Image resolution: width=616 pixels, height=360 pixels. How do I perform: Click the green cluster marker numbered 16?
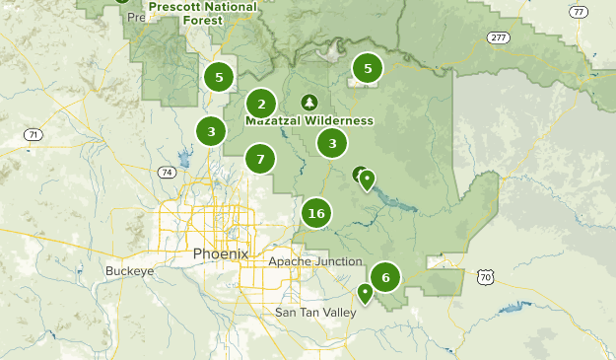(315, 213)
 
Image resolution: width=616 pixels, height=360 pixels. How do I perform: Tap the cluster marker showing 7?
(260, 158)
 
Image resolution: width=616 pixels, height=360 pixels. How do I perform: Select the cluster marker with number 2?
(261, 103)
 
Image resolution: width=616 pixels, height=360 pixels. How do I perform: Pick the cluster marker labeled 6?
(385, 277)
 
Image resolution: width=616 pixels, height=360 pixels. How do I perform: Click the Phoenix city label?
(221, 253)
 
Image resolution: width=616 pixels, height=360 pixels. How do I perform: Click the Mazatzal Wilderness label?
(309, 120)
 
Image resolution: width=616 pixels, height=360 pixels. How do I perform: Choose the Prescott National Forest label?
(203, 12)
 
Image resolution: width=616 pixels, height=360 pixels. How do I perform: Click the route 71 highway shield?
(34, 134)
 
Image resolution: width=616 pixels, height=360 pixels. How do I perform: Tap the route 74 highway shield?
(166, 172)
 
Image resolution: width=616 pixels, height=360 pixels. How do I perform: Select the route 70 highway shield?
(485, 278)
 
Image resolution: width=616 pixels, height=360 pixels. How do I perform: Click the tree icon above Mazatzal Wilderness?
(309, 103)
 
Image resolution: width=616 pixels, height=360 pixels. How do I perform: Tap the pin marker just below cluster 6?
(365, 292)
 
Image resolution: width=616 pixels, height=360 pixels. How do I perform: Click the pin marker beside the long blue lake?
(367, 179)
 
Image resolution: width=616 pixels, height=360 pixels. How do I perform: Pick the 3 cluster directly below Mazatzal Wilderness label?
(332, 143)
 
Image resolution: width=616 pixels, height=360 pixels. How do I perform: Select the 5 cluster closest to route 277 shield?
(368, 68)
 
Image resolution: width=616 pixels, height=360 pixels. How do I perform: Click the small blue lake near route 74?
(184, 158)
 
